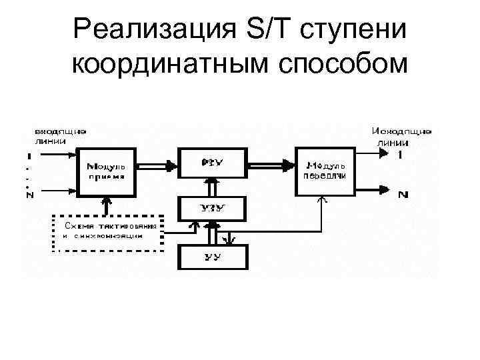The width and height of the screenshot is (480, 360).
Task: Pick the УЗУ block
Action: tap(212, 208)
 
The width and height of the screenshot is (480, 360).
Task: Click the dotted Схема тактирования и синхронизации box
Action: tap(108, 233)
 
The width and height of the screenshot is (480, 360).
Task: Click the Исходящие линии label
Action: tap(401, 135)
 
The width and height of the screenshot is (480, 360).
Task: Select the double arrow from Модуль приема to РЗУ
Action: tap(157, 164)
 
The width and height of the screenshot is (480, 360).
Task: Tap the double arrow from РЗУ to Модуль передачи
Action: tap(271, 164)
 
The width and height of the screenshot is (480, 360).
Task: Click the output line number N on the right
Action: tap(403, 195)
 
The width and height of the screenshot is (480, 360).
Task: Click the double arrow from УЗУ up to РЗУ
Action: tap(212, 186)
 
